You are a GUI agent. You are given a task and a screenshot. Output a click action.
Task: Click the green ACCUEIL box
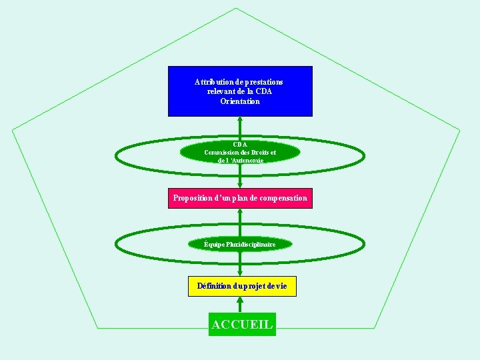coord(242,324)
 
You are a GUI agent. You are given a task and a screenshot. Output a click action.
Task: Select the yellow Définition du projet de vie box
coord(242,286)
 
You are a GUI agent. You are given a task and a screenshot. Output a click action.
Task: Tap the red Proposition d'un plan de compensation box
coord(240,198)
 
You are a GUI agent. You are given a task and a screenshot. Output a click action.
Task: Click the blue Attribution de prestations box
coord(240,91)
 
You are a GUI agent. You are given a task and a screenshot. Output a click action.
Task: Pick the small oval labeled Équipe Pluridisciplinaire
coord(240,245)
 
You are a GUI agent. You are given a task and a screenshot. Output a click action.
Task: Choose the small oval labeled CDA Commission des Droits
coord(240,152)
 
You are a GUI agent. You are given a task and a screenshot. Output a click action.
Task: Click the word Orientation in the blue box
coord(240,101)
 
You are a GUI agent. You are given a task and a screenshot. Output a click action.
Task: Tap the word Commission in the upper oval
coord(225,152)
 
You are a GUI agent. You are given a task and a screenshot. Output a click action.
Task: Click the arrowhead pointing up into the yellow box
coord(240,301)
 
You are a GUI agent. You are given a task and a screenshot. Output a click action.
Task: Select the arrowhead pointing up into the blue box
coord(240,121)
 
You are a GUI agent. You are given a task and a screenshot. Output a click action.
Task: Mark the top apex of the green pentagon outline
coord(236,8)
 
